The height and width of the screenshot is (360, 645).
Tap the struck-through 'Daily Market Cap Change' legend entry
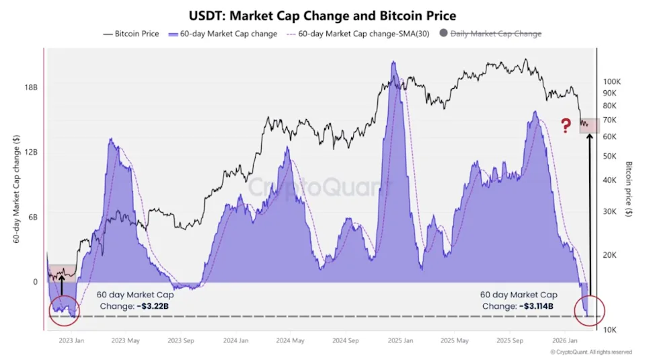495,33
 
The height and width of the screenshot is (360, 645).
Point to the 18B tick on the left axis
30,87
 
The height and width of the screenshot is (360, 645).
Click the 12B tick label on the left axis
30,152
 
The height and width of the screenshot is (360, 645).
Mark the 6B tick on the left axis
32,217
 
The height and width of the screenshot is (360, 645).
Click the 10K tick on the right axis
609,329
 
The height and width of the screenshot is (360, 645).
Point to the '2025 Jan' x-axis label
400,340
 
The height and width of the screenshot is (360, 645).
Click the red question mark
566,124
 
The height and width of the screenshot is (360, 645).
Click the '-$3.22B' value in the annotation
157,306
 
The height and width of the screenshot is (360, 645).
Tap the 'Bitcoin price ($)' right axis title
629,188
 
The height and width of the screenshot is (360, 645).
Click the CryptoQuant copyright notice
591,352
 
